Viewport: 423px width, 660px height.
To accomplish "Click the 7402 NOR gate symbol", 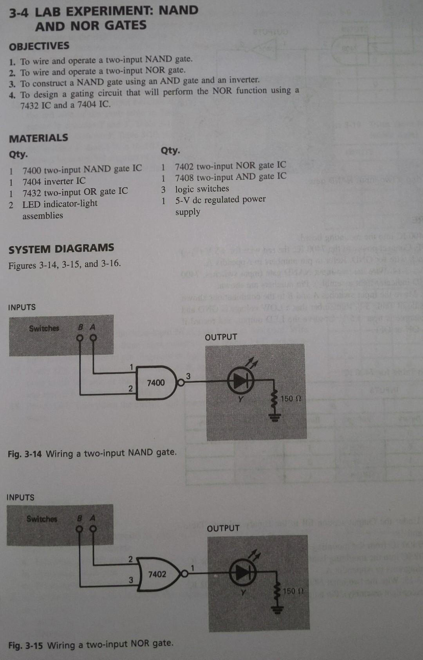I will click(157, 574).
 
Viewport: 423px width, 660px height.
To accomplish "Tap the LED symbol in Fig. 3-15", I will click(242, 573).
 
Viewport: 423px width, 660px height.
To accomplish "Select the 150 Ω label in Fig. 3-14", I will click(291, 399).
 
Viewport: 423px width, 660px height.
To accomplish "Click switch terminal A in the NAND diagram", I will click(93, 337).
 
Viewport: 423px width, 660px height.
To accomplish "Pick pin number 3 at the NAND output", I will click(188, 376).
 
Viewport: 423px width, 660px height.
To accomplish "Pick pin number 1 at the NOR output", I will click(192, 567).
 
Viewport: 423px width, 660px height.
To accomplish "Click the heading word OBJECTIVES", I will click(39, 46).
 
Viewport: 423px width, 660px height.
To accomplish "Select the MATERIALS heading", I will click(38, 138).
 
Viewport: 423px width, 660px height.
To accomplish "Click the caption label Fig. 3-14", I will click(25, 454).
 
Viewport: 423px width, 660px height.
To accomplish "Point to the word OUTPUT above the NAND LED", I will click(221, 337).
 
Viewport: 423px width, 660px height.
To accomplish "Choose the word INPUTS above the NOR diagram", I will click(20, 498).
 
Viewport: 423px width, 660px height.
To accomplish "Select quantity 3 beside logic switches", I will click(163, 190).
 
